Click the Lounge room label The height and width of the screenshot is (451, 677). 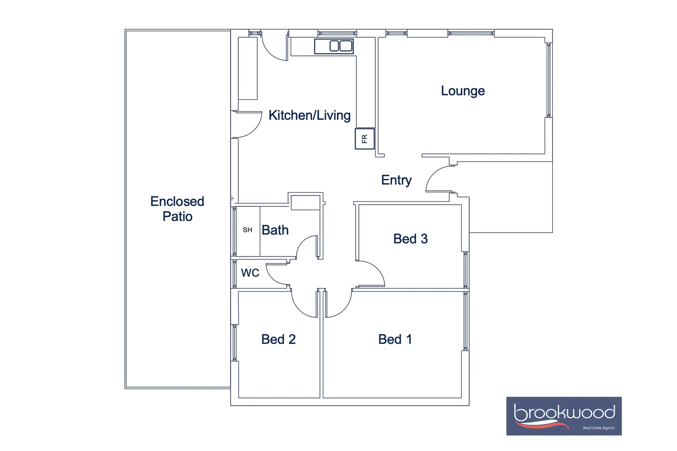(x=463, y=91)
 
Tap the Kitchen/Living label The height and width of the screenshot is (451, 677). (x=309, y=115)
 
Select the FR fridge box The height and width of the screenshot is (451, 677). (x=364, y=139)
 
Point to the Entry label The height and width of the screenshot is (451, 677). (x=396, y=180)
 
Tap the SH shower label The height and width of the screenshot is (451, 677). (x=247, y=230)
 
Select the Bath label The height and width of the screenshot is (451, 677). (x=275, y=230)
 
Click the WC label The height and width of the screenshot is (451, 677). (x=250, y=273)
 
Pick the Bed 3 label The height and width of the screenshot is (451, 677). (x=410, y=239)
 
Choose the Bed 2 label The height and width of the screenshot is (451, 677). (x=278, y=339)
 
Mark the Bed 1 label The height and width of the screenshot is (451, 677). (x=395, y=339)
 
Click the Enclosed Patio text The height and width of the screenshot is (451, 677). (x=177, y=209)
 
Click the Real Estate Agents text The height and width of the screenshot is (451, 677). (x=598, y=428)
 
